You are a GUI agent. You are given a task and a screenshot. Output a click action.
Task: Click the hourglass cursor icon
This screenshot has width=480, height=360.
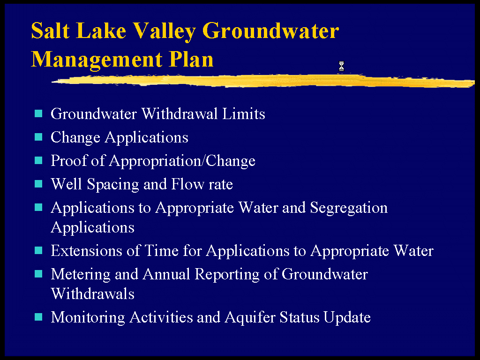pyautogui.click(x=341, y=66)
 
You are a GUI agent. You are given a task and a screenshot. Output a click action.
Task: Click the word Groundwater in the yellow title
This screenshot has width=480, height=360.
pyautogui.click(x=270, y=31)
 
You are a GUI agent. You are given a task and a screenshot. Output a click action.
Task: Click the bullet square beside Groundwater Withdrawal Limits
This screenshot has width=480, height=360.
pyautogui.click(x=38, y=113)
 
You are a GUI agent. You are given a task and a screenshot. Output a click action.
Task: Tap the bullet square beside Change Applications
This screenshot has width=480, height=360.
pyautogui.click(x=38, y=137)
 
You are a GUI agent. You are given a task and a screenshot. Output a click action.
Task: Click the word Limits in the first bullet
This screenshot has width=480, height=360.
pyautogui.click(x=244, y=113)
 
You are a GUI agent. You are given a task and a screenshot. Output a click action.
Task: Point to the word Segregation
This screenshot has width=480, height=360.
pyautogui.click(x=349, y=208)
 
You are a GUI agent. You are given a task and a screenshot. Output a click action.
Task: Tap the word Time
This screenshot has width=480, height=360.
pyautogui.click(x=161, y=250)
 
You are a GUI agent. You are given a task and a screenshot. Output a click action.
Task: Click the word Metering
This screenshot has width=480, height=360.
pyautogui.click(x=81, y=274)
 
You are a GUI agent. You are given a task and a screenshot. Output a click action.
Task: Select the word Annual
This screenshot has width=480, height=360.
pyautogui.click(x=166, y=274)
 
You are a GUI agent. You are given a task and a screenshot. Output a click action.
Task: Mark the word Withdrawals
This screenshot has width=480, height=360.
pyautogui.click(x=93, y=293)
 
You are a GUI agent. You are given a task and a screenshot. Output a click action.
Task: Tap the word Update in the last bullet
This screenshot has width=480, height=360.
pyautogui.click(x=347, y=317)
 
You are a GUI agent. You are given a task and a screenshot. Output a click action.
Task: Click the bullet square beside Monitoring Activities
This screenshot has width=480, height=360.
pyautogui.click(x=38, y=317)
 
